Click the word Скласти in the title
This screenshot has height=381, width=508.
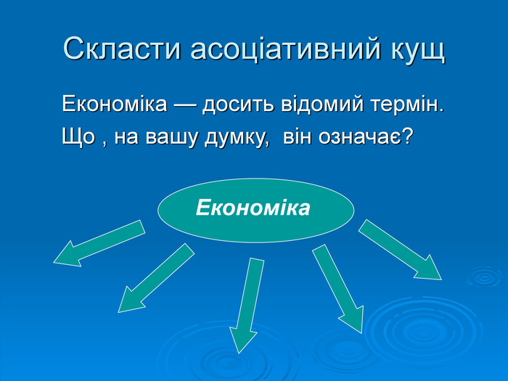[122, 49]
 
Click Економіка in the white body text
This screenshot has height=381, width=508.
[115, 104]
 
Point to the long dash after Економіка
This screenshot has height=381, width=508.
[184, 105]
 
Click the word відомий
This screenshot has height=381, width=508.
[322, 104]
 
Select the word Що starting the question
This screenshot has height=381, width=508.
[78, 136]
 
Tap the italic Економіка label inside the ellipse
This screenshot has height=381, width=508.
[253, 208]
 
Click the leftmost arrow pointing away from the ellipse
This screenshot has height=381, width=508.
[99, 244]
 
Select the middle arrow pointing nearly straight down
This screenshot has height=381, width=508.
[247, 306]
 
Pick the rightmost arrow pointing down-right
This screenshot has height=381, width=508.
[400, 250]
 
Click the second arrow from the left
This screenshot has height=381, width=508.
[156, 278]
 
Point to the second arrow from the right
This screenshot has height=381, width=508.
[337, 289]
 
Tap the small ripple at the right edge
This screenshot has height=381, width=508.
[485, 277]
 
